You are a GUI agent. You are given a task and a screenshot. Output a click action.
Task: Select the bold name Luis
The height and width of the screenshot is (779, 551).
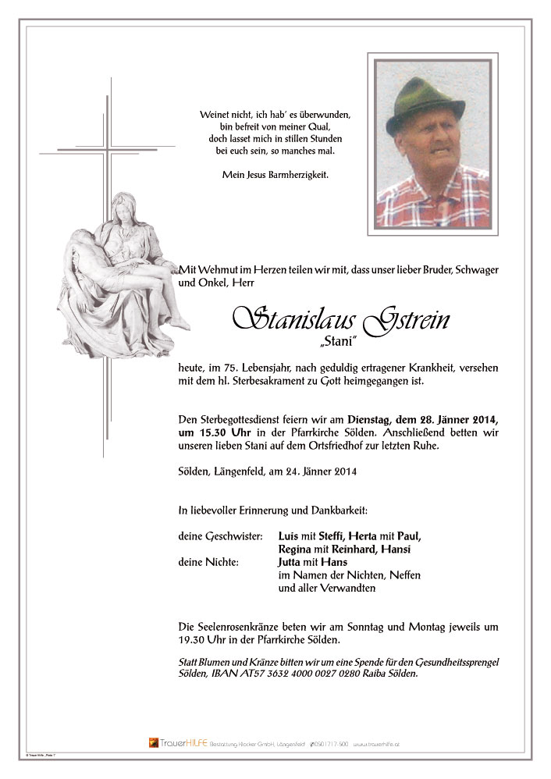(289, 535)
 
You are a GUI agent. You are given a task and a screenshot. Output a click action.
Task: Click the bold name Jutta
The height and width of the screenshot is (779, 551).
(291, 562)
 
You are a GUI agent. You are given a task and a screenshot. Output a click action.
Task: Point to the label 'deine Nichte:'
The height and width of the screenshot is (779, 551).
(208, 562)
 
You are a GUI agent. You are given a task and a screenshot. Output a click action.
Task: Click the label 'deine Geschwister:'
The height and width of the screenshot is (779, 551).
(221, 535)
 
